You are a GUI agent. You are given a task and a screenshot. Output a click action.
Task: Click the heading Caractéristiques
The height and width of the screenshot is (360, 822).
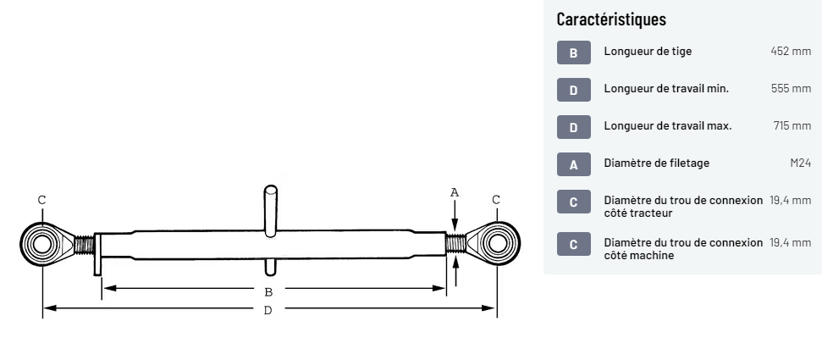(x=611, y=19)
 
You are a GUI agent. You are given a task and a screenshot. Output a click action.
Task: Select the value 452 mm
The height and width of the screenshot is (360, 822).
(x=791, y=52)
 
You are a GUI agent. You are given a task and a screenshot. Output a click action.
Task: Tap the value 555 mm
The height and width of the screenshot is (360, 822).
(x=791, y=89)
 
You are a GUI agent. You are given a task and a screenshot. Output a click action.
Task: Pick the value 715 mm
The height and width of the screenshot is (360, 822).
(x=792, y=126)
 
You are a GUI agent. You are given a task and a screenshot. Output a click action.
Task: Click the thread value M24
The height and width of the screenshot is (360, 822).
(x=800, y=163)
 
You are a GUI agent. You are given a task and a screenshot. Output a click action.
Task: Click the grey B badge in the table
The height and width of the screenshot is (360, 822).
(x=573, y=53)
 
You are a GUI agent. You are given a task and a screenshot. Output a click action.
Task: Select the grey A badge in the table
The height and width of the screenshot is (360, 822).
(x=573, y=164)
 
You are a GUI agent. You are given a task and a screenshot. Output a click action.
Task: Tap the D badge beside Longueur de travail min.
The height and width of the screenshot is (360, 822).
(x=573, y=90)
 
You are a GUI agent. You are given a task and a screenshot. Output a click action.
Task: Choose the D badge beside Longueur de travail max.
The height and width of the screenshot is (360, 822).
(x=573, y=127)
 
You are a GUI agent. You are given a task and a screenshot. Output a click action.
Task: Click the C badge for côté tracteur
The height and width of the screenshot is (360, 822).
(x=573, y=202)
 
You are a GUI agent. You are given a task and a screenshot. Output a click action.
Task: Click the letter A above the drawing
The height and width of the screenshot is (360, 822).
(x=455, y=193)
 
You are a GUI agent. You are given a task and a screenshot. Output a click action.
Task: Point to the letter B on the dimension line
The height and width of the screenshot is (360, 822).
(x=268, y=291)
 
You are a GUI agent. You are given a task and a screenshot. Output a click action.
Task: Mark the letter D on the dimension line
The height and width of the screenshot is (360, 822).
(x=268, y=311)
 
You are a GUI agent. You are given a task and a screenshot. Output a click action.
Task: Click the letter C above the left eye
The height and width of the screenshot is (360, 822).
(x=41, y=200)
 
